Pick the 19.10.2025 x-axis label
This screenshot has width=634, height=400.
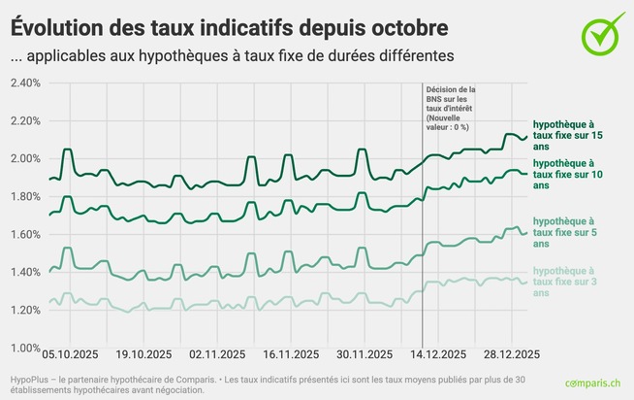[x=135, y=355]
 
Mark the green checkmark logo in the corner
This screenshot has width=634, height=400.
[x=603, y=33]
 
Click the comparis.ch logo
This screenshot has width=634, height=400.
[x=594, y=384]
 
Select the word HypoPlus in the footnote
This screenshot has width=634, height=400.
[x=31, y=375]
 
